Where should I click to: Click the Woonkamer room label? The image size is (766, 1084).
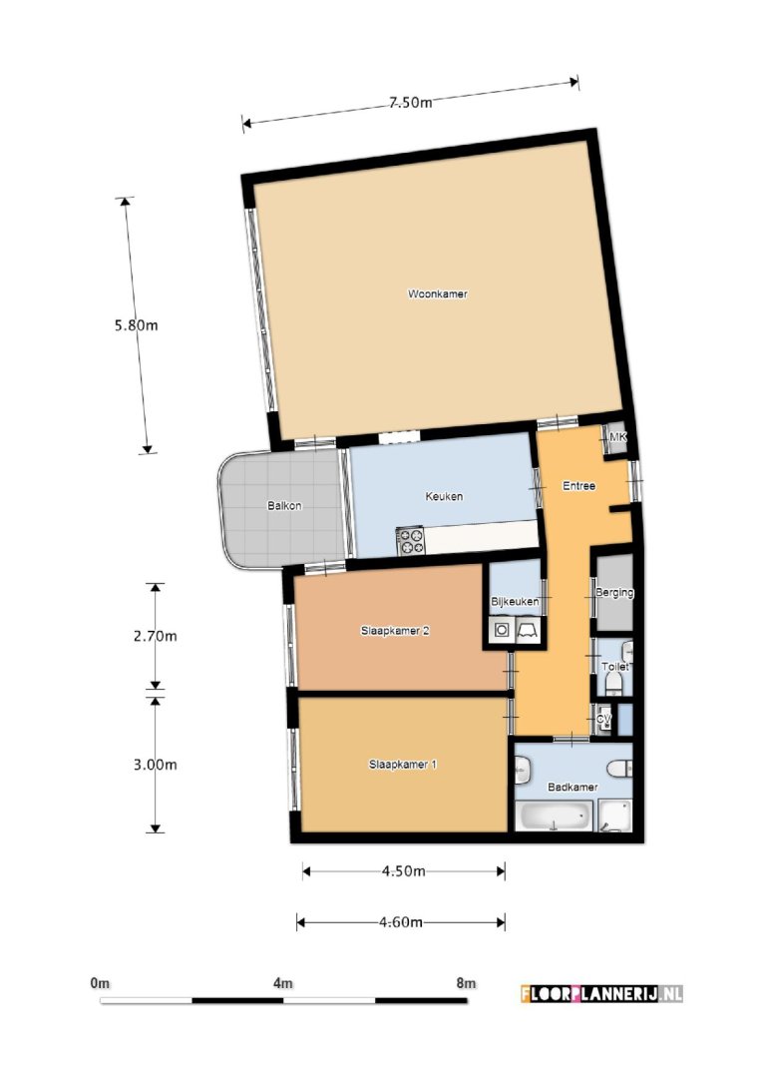437,294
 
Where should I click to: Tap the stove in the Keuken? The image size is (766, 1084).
411,541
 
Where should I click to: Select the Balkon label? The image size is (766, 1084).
284,505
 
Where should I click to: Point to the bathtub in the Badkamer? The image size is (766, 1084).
552,816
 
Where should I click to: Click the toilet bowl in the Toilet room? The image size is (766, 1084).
614,684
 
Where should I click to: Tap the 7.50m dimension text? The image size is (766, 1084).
410,102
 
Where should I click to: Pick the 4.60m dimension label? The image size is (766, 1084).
401,921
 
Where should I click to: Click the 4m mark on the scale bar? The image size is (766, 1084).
282,983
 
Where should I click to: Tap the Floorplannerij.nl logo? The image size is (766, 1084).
601,993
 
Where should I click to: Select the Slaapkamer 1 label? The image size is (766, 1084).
403,765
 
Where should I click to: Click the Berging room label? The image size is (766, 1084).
613,593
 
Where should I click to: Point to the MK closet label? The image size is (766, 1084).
617,438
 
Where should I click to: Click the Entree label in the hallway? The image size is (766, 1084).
578,486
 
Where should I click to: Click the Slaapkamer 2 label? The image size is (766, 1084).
395,631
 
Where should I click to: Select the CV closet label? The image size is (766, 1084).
602,719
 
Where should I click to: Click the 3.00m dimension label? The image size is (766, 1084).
155,765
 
